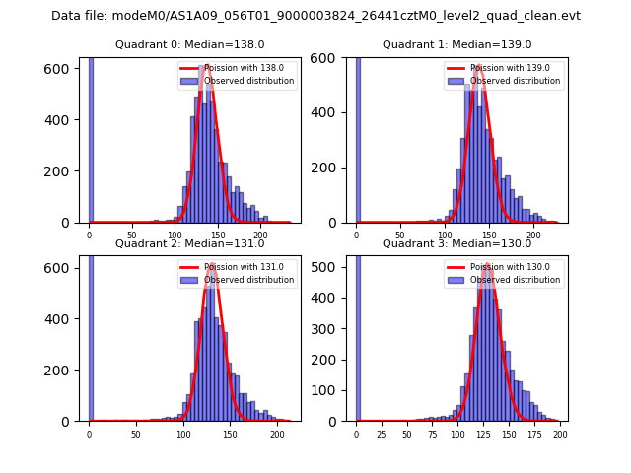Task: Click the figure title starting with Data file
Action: (x=315, y=16)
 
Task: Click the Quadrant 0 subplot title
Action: (x=190, y=44)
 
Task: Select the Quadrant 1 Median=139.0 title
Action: (x=457, y=44)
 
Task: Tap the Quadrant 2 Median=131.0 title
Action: (x=190, y=243)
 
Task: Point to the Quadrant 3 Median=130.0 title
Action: (x=457, y=243)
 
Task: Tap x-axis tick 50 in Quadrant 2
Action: (x=136, y=434)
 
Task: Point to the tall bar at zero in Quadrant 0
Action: (x=91, y=139)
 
